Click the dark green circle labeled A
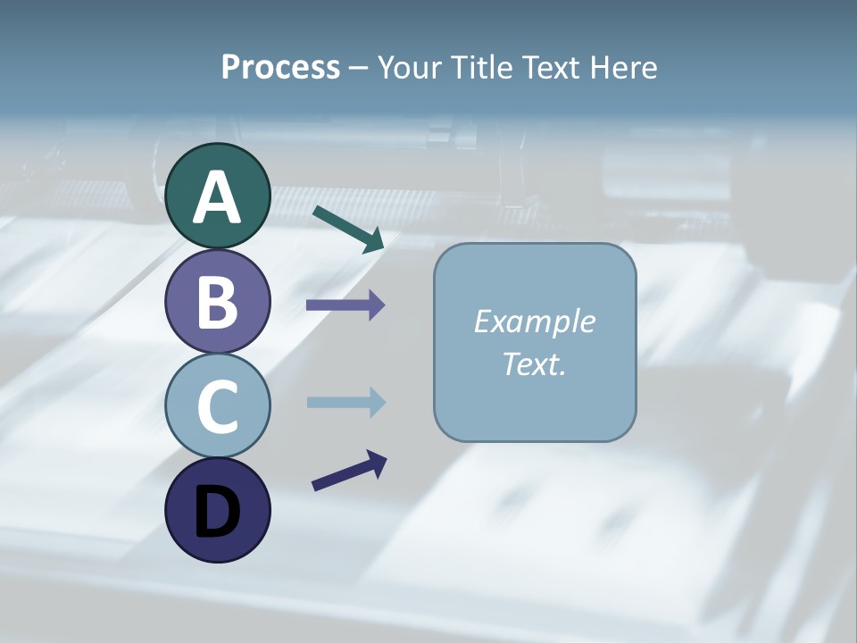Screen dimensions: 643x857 [217, 196]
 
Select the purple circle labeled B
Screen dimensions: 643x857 [217, 301]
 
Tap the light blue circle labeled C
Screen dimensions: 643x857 [217, 405]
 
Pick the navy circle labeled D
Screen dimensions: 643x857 [217, 510]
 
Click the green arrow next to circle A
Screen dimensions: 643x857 [348, 229]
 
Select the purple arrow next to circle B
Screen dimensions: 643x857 [345, 305]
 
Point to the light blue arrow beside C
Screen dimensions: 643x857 [345, 403]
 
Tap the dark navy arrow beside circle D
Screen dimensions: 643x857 [349, 471]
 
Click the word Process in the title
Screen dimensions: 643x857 [280, 68]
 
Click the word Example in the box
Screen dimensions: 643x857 [534, 321]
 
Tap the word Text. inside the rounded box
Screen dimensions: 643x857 [534, 364]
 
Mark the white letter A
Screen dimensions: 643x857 [217, 197]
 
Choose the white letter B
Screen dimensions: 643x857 [217, 302]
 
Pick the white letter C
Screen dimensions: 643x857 [217, 406]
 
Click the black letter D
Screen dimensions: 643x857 [217, 512]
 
